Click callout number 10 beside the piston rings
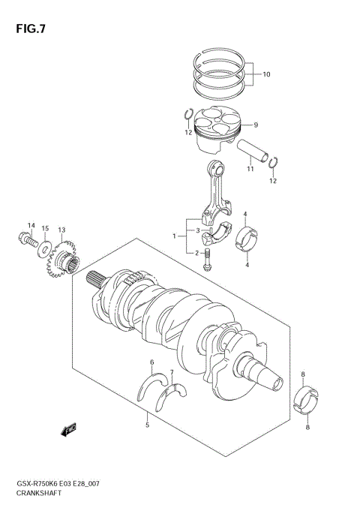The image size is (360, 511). click(x=266, y=75)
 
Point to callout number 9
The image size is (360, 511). click(x=255, y=125)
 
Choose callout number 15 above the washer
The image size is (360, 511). click(x=45, y=228)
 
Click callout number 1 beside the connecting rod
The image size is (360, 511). click(x=175, y=236)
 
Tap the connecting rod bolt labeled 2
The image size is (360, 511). click(x=208, y=260)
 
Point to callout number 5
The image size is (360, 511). click(x=147, y=425)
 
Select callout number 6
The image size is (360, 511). click(x=151, y=362)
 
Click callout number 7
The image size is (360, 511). click(x=171, y=372)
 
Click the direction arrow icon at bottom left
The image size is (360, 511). click(x=69, y=430)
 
